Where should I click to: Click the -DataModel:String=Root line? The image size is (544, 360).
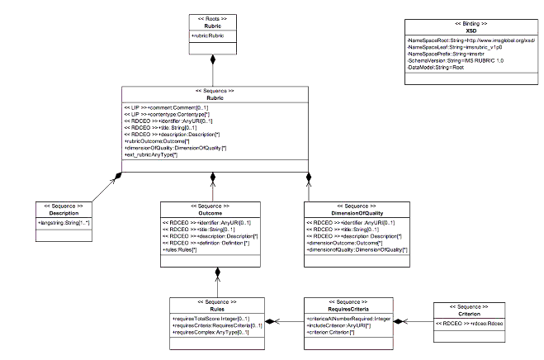[435, 67]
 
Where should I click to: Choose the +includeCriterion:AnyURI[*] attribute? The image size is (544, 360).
[338, 324]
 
